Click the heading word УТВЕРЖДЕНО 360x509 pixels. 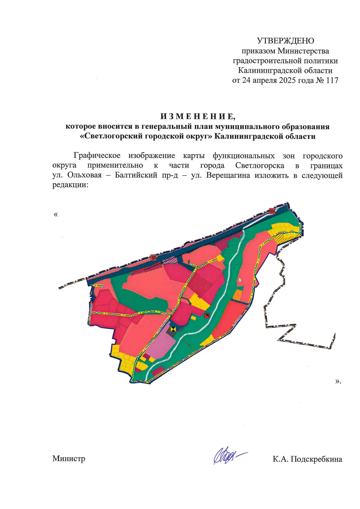tap(285, 41)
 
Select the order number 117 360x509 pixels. tap(332, 80)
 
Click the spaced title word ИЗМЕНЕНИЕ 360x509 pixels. tap(197, 116)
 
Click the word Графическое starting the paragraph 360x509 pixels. tap(97, 156)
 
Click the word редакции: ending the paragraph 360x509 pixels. tap(70, 185)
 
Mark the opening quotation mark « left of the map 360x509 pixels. tap(55, 214)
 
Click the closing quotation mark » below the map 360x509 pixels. tap(338, 381)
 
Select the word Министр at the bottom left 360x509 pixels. tap(69, 459)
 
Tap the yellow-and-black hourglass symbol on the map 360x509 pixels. tap(173, 329)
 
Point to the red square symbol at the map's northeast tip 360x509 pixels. tap(272, 211)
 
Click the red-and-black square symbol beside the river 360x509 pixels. tap(207, 315)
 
